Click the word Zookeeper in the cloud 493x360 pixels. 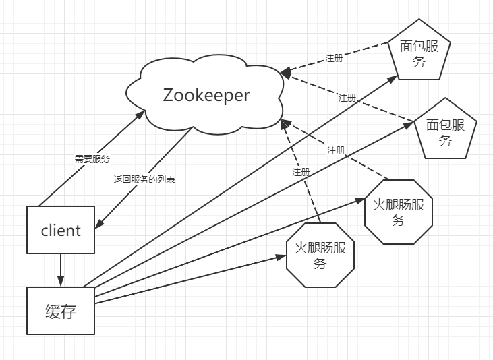click(x=206, y=95)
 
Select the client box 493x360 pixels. click(x=61, y=230)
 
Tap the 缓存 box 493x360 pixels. click(x=61, y=311)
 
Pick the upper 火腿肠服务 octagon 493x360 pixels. click(x=398, y=212)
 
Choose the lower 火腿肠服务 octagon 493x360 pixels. click(x=320, y=255)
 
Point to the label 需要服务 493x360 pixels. click(x=92, y=159)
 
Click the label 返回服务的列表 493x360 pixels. click(x=144, y=180)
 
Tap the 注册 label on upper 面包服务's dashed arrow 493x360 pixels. click(x=334, y=58)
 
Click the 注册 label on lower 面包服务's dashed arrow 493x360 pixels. click(x=347, y=98)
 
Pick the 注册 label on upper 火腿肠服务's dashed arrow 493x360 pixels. click(x=336, y=150)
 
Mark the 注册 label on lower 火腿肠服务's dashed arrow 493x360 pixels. click(x=301, y=172)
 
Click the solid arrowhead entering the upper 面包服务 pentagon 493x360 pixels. click(x=397, y=77)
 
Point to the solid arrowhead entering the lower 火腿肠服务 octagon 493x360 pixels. click(x=283, y=256)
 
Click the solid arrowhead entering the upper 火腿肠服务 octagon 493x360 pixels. click(x=360, y=200)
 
